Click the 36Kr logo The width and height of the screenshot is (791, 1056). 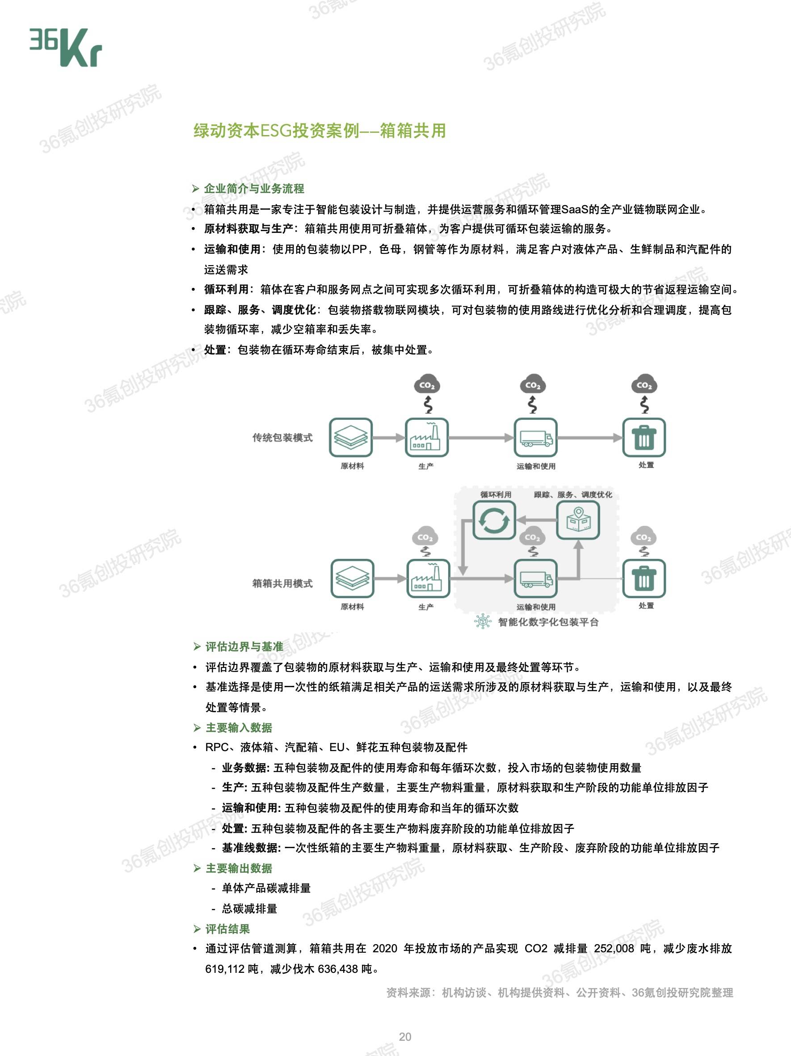click(66, 48)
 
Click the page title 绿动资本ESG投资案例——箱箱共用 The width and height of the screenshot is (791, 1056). click(320, 131)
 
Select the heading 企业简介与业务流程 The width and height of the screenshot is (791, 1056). click(254, 189)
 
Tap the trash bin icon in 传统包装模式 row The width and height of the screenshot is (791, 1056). click(644, 437)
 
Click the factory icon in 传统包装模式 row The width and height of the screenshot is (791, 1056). click(426, 437)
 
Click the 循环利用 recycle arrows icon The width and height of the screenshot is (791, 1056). click(494, 520)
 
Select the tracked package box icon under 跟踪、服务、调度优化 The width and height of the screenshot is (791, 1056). click(578, 520)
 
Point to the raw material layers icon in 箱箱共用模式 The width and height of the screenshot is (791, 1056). click(352, 578)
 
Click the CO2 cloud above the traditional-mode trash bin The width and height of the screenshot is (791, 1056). click(644, 385)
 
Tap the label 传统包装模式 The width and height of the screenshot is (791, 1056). click(282, 438)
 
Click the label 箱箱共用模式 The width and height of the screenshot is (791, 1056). click(282, 583)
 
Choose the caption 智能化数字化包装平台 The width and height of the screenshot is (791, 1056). click(548, 622)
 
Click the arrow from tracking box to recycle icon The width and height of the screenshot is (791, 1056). click(537, 520)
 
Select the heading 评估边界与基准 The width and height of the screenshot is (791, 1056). click(244, 647)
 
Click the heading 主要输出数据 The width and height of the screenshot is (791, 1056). click(239, 868)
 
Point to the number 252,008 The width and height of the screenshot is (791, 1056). click(614, 949)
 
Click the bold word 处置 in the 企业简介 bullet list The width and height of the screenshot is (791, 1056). click(215, 350)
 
